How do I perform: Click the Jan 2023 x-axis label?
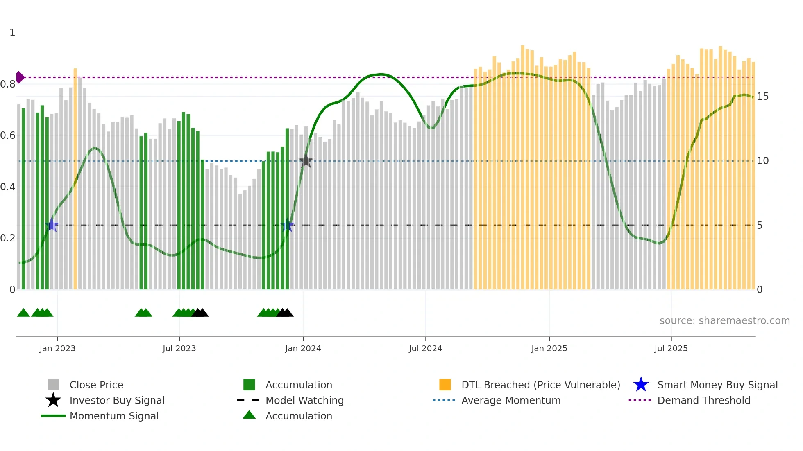tap(57, 348)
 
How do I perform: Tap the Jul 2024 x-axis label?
tap(425, 348)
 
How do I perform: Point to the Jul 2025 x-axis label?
tap(671, 348)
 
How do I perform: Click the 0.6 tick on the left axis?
tap(8, 135)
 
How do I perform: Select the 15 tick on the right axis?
tap(762, 97)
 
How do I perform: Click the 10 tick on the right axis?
tap(762, 161)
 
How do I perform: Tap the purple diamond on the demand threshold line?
tap(20, 77)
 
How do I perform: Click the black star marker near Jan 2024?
tap(306, 161)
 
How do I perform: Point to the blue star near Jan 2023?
tap(52, 225)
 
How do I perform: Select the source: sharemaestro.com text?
tap(724, 321)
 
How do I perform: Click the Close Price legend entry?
tap(96, 385)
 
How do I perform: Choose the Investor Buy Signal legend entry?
tap(117, 400)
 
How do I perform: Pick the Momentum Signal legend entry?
tap(114, 416)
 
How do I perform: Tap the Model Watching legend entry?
tap(304, 400)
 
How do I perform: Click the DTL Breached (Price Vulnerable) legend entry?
tap(540, 385)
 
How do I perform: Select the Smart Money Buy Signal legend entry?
tap(717, 385)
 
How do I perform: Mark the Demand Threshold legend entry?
tap(703, 400)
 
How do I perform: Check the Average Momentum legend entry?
tap(510, 400)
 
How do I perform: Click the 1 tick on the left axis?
tap(12, 33)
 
